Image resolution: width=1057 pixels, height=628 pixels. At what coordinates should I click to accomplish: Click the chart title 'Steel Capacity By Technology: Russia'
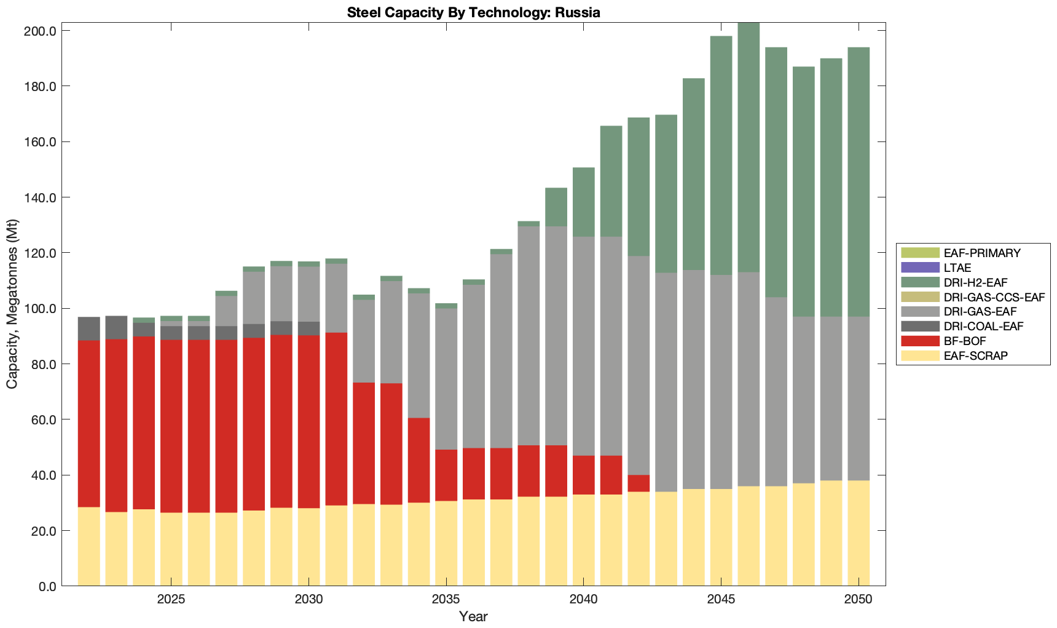[473, 12]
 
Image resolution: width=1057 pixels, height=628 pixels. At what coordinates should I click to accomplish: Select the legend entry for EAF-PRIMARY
[982, 253]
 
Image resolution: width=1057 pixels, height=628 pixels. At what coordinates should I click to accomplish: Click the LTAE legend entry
[957, 268]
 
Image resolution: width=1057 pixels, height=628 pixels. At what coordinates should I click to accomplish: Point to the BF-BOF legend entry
[965, 341]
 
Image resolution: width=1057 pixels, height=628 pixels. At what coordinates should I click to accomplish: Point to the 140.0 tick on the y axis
[40, 197]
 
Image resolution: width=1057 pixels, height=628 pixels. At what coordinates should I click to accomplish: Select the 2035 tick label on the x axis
[446, 599]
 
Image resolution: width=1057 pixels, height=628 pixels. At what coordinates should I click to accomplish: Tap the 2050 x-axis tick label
[859, 599]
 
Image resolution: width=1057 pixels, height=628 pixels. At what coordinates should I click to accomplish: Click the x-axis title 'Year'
[473, 616]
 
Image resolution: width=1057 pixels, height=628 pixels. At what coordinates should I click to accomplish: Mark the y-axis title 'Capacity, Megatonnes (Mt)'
[12, 304]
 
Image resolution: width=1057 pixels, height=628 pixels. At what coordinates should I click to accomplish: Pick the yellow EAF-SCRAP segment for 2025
[171, 549]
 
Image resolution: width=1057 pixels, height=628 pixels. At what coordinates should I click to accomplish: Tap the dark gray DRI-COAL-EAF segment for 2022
[89, 328]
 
